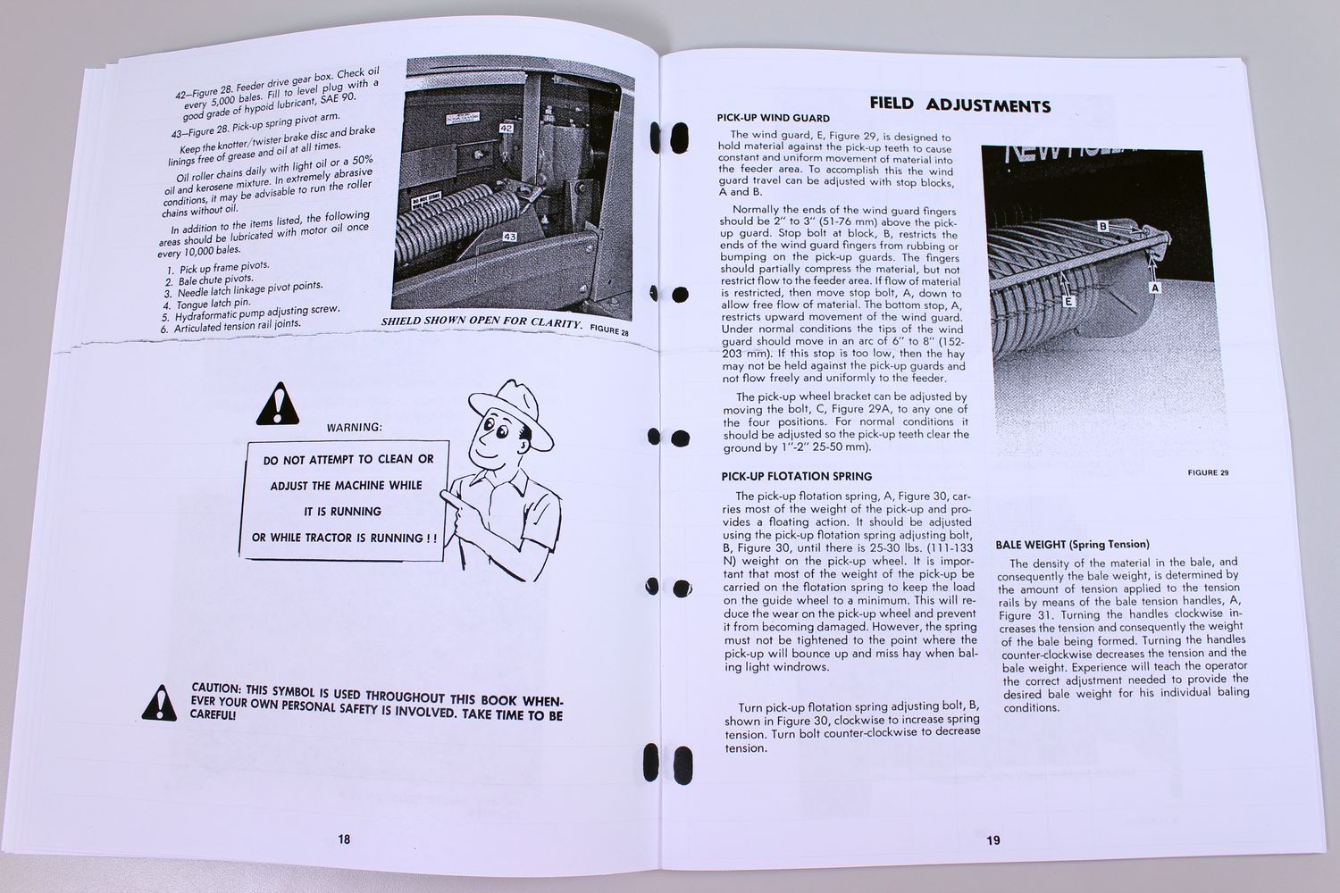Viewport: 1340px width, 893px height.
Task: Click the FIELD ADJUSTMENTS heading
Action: click(x=959, y=104)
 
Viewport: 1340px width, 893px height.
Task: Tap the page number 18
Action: click(x=344, y=838)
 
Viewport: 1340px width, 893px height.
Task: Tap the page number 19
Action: click(x=993, y=839)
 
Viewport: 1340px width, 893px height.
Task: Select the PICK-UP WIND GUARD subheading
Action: click(x=773, y=118)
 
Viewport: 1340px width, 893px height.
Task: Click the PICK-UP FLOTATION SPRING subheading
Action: click(x=797, y=476)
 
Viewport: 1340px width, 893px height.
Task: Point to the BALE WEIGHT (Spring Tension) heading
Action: click(x=1072, y=544)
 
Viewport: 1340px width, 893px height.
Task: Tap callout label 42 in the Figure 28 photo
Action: click(x=506, y=128)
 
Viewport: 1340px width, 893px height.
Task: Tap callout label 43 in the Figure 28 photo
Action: click(x=509, y=237)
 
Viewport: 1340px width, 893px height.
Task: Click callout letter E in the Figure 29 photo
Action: click(x=1070, y=302)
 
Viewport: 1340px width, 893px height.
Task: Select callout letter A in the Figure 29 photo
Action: click(x=1154, y=288)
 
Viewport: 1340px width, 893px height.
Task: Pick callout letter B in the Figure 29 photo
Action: click(x=1103, y=226)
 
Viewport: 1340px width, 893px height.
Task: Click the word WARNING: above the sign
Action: click(x=354, y=427)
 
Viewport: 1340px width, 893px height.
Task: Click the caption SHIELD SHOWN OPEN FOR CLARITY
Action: click(x=482, y=322)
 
